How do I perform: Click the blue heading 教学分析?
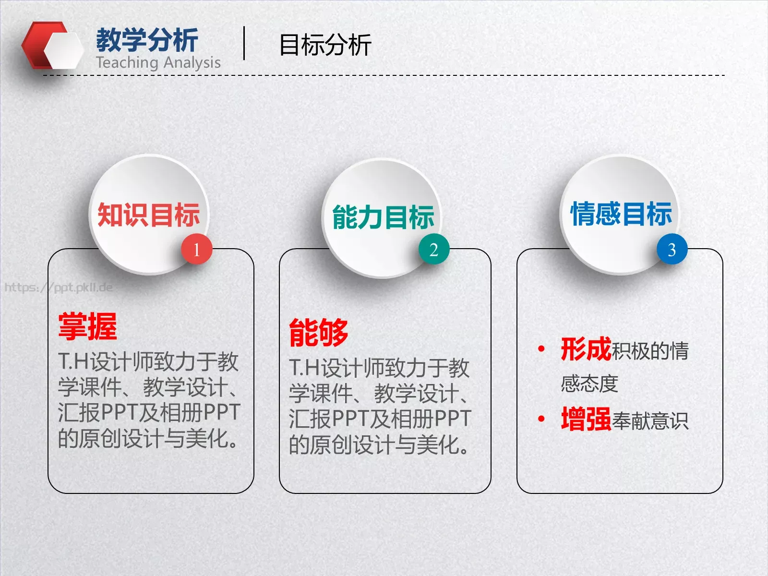pos(147,40)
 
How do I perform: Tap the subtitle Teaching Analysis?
pos(158,62)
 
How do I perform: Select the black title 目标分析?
pos(325,45)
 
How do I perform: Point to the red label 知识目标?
pos(148,215)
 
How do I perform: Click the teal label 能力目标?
pos(383,217)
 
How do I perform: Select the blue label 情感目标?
pos(621,214)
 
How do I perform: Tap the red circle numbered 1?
pos(196,249)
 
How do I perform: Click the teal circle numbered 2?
pos(433,249)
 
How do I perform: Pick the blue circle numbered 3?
pos(672,249)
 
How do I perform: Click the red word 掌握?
pos(87,326)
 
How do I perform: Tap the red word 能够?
pos(318,332)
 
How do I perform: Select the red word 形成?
pos(586,349)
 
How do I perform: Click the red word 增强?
pos(586,419)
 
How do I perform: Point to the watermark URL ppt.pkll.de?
pos(59,288)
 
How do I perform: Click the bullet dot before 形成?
pos(541,349)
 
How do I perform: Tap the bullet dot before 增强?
pos(541,419)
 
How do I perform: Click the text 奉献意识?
pos(650,421)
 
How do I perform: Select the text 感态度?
pos(589,384)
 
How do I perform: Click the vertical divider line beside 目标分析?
pos(244,43)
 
